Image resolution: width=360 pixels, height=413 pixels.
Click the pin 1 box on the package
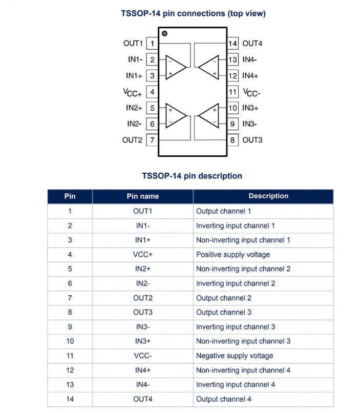pos(152,44)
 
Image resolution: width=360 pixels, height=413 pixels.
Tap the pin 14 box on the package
pos(233,44)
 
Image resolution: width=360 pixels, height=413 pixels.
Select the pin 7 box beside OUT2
pos(152,140)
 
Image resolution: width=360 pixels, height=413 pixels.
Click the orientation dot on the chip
pos(164,33)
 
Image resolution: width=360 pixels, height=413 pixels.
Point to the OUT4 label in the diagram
pos(252,44)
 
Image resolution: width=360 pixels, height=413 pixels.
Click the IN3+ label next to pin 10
pos(250,108)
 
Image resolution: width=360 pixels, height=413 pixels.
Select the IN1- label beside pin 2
pos(135,60)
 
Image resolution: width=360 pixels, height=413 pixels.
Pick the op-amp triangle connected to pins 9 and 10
pos(208,116)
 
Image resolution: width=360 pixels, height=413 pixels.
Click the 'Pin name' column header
pos(142,196)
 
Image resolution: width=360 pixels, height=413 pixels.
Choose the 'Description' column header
pos(268,196)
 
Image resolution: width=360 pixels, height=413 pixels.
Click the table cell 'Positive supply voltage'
pos(233,255)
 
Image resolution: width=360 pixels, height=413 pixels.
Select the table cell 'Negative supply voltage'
pos(235,356)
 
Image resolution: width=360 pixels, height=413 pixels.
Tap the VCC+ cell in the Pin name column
pos(142,255)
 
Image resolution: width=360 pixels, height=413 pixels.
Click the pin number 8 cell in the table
pos(70,312)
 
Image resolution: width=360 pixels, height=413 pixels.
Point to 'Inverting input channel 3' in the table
pos(236,327)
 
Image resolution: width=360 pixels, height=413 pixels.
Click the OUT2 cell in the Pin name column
pos(142,298)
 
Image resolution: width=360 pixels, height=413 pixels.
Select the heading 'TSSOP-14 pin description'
pos(192,176)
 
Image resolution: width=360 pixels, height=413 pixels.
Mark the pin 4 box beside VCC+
pos(152,92)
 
